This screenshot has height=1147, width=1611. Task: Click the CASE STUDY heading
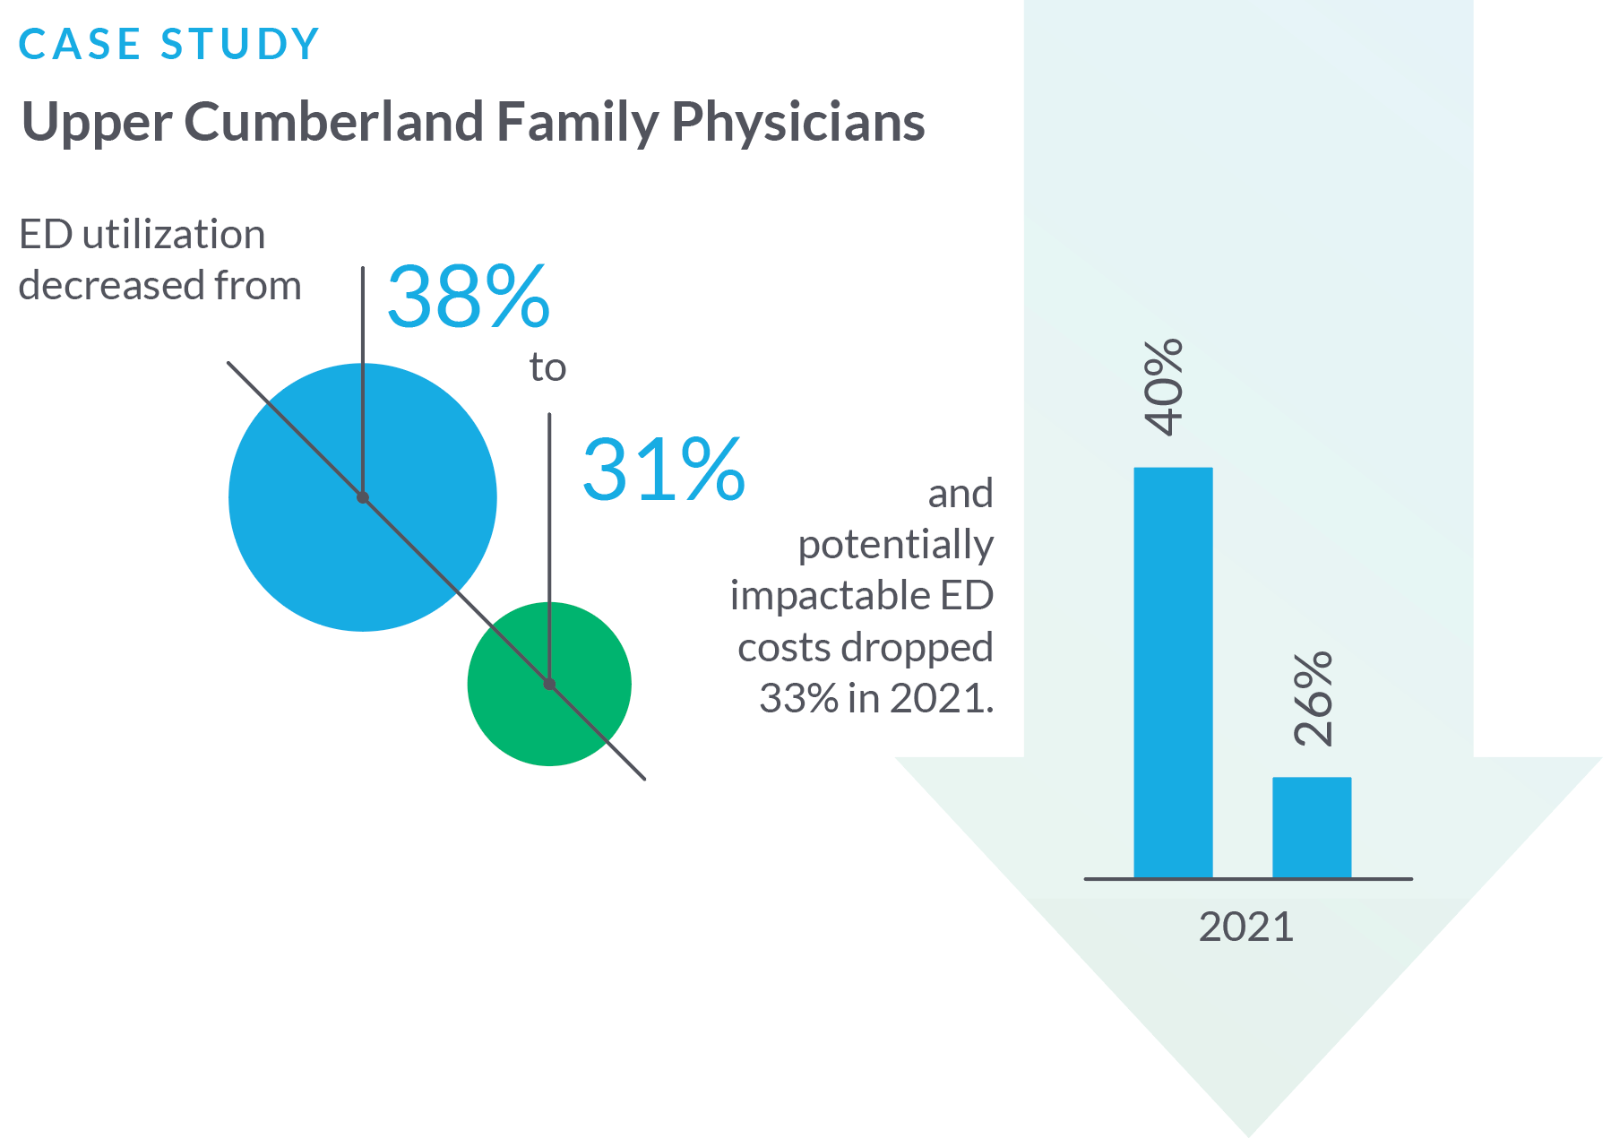pyautogui.click(x=168, y=44)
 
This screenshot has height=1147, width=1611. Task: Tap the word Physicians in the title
pyautogui.click(x=797, y=122)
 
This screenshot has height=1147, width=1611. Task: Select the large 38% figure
pyautogui.click(x=468, y=297)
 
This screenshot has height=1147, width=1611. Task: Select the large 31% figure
pyautogui.click(x=663, y=470)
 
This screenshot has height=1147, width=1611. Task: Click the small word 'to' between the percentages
pyautogui.click(x=547, y=367)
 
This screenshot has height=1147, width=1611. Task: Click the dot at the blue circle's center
pyautogui.click(x=363, y=497)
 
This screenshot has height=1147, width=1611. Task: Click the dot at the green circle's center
pyautogui.click(x=549, y=684)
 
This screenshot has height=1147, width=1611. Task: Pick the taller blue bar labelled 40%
pyautogui.click(x=1173, y=672)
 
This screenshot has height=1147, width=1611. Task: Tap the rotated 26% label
pyautogui.click(x=1314, y=699)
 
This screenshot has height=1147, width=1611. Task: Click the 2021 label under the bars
pyautogui.click(x=1246, y=927)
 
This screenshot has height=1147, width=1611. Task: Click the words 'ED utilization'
pyautogui.click(x=142, y=235)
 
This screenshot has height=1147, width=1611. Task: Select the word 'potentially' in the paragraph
pyautogui.click(x=895, y=545)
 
